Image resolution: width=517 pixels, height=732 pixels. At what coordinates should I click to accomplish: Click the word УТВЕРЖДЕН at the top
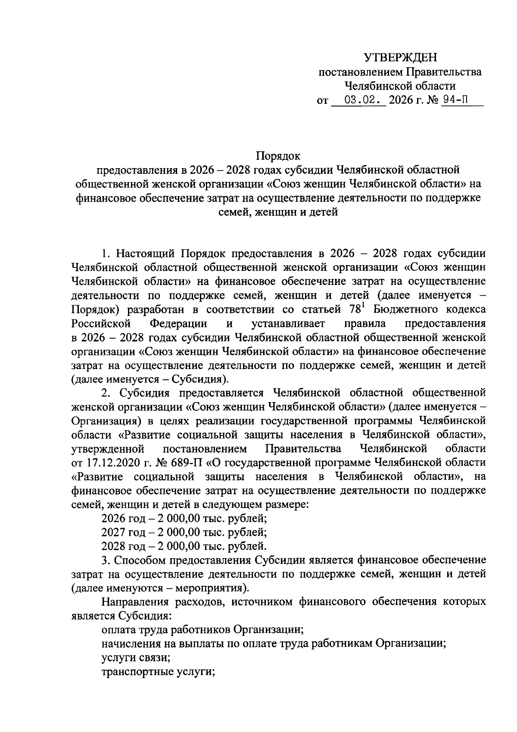[400, 57]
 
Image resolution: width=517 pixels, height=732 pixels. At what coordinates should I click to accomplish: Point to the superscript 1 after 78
[357, 306]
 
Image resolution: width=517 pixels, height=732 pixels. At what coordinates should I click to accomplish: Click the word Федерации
[178, 323]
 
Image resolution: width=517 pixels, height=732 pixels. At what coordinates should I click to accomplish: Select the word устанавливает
[288, 323]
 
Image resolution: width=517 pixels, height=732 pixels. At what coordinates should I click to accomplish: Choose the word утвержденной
[107, 449]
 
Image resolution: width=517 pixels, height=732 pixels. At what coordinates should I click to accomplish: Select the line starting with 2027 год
[184, 532]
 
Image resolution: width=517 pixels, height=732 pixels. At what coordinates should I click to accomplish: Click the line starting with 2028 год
[184, 546]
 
